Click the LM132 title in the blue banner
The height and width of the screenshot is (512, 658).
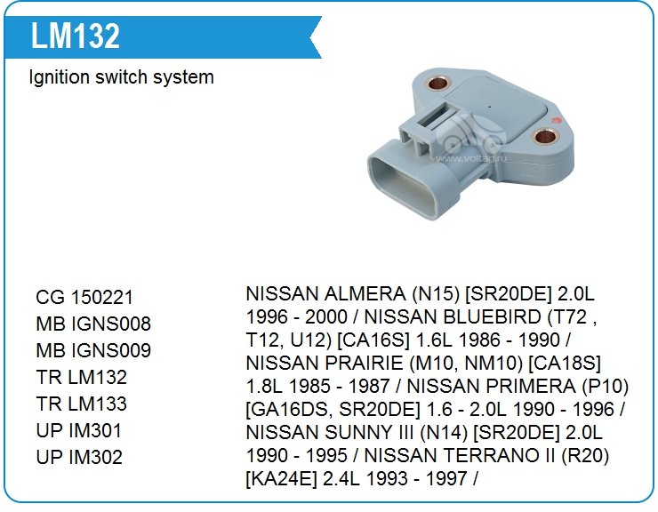[x=76, y=36]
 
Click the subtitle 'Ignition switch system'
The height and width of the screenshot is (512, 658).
[x=121, y=77]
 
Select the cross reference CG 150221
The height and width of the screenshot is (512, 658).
[x=84, y=298]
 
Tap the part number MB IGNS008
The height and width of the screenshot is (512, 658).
[x=93, y=324]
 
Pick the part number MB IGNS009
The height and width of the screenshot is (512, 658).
[x=93, y=350]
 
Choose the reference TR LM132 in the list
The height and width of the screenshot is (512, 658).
[x=82, y=377]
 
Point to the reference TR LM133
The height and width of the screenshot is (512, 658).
[x=82, y=404]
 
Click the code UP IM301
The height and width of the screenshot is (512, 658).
[x=79, y=430]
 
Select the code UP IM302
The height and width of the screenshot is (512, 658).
[x=79, y=457]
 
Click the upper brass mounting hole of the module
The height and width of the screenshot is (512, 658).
[x=437, y=83]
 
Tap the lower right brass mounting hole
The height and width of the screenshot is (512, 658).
[x=545, y=137]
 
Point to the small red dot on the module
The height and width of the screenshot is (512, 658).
[x=557, y=121]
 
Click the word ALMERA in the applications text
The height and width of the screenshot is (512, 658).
[x=365, y=293]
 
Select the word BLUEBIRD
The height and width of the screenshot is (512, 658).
[x=453, y=316]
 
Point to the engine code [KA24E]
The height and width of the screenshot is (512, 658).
[x=281, y=479]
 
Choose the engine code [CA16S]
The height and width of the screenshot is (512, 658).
[x=373, y=340]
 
